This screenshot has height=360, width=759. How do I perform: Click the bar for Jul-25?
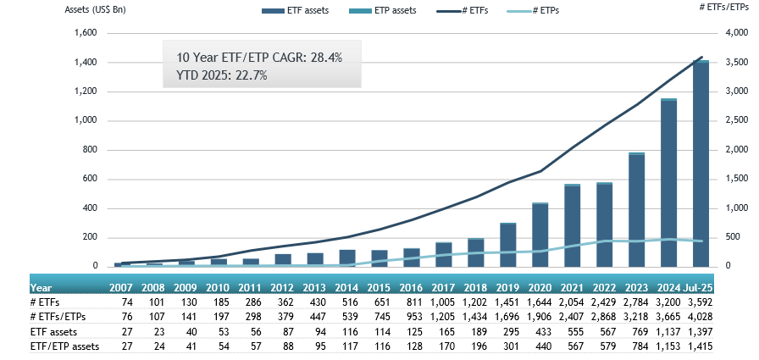click(701, 163)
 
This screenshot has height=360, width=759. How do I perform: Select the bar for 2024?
click(669, 182)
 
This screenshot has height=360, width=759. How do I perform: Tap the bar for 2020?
click(540, 235)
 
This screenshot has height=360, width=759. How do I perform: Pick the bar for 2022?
click(605, 224)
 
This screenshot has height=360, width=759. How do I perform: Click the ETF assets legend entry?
click(295, 10)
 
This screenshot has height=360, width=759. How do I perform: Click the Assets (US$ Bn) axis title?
click(96, 9)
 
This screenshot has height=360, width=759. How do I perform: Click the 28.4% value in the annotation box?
click(327, 58)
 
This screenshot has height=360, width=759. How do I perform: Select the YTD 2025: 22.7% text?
click(223, 75)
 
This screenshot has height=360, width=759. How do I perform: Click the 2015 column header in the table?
click(379, 287)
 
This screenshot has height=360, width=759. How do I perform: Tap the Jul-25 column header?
click(697, 287)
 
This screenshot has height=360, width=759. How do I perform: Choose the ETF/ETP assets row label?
click(64, 346)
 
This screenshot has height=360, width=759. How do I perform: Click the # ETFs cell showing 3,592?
click(700, 302)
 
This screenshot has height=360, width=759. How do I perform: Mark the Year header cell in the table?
click(41, 287)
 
